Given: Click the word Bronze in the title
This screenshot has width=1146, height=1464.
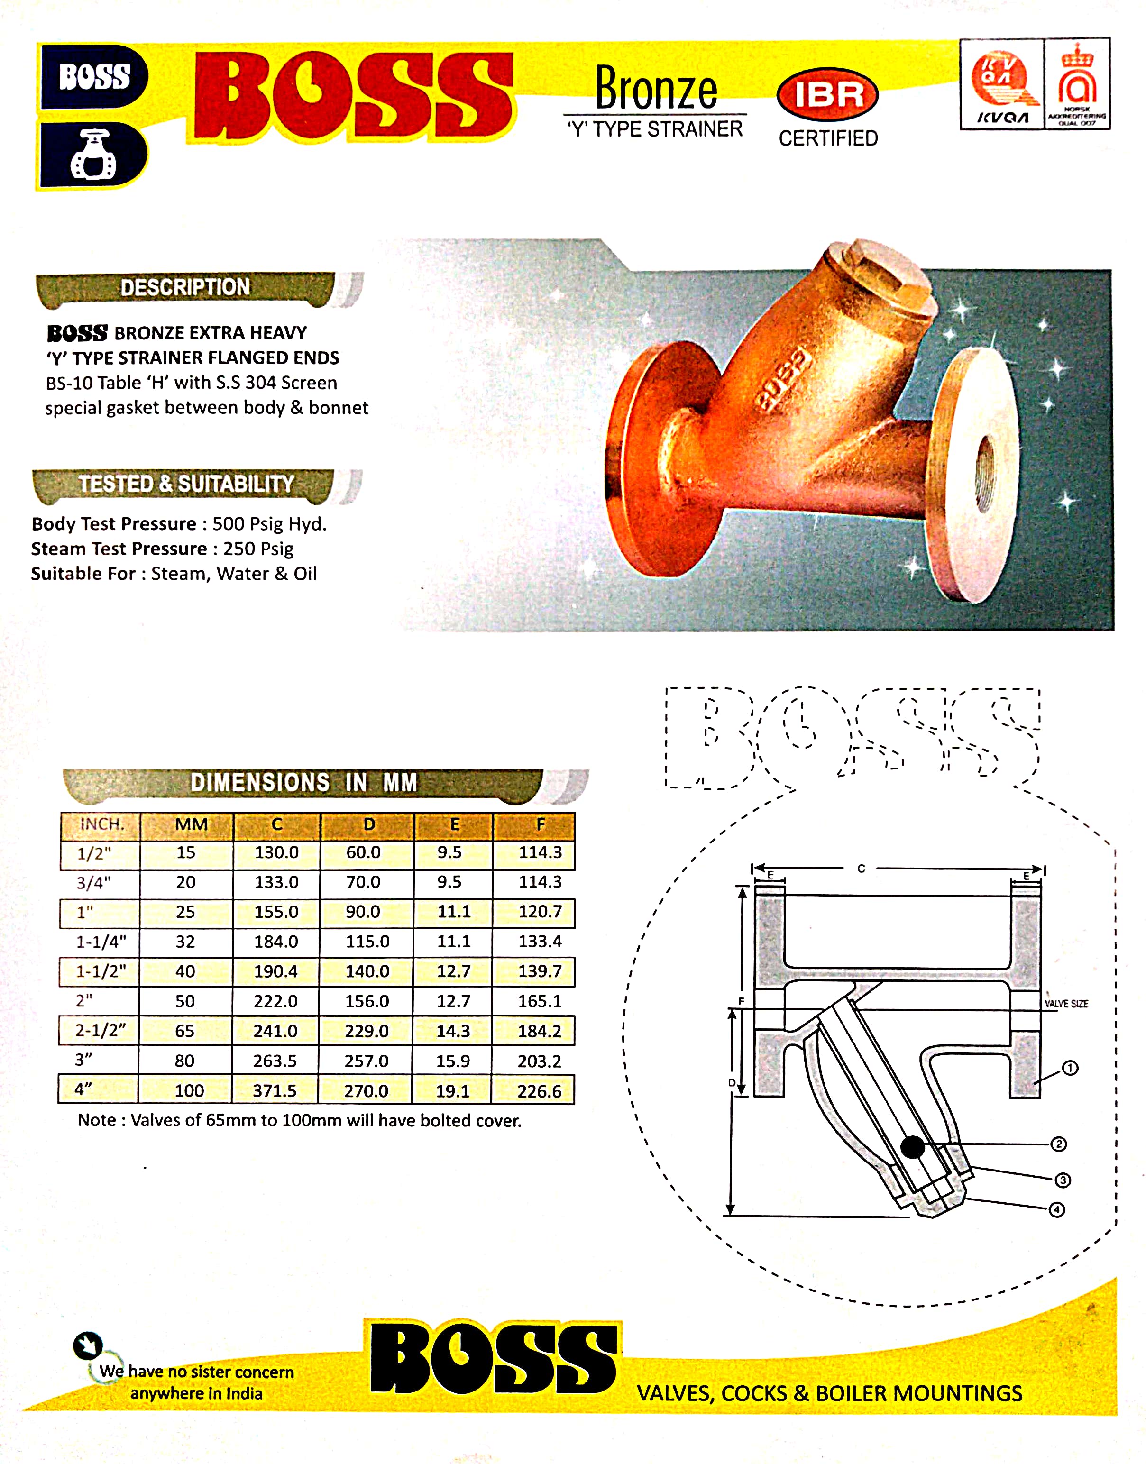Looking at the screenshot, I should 656,89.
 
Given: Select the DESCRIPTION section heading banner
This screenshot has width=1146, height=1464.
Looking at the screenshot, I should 185,288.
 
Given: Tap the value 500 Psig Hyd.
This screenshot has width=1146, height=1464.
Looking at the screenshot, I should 269,524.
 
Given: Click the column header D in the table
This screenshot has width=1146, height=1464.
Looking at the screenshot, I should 368,824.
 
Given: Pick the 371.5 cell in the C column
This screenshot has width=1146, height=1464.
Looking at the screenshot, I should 275,1091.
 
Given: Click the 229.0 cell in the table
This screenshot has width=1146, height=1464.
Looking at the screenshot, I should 367,1031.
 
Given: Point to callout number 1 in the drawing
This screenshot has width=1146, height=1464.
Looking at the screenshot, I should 1070,1068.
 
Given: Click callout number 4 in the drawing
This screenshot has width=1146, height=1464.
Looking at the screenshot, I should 1057,1210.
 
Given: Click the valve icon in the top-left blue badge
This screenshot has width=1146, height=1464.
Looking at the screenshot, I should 93,156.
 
